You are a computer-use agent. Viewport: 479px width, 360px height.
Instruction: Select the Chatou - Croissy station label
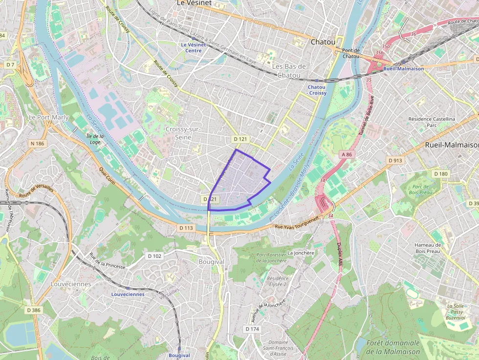[317, 90]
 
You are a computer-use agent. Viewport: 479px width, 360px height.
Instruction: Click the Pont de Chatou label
[351, 53]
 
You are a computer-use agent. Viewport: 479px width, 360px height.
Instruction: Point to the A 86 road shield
[346, 154]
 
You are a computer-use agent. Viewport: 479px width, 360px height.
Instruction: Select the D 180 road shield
[440, 174]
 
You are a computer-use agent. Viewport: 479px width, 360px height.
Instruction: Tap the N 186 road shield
[37, 144]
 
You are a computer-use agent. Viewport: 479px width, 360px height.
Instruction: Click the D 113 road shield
[186, 228]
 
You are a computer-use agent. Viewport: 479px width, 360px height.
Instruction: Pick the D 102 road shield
[154, 256]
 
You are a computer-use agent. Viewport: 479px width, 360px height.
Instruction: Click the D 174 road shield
[252, 329]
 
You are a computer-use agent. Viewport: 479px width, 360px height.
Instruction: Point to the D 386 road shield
[34, 310]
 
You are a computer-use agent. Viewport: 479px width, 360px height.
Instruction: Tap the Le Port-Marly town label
[48, 117]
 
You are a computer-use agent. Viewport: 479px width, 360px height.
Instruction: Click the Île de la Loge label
[95, 140]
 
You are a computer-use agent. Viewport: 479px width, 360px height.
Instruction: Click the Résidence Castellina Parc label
[432, 122]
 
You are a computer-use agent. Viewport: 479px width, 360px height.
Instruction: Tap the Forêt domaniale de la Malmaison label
[393, 347]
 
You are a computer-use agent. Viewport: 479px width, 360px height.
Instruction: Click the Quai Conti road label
[108, 174]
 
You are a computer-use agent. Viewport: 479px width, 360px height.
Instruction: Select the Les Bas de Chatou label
[289, 71]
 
